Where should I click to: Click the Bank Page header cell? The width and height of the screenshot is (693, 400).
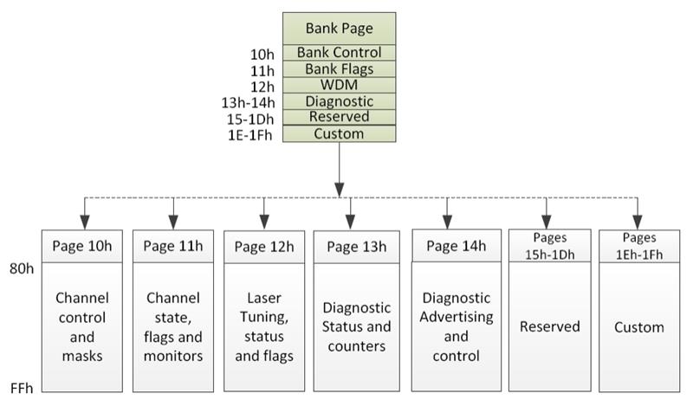point(339,29)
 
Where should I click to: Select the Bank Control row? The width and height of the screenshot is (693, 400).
point(339,53)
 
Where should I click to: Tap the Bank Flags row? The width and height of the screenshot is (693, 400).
point(339,69)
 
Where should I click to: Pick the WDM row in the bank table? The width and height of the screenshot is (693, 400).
point(339,85)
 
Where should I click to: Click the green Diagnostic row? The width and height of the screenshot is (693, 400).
point(339,101)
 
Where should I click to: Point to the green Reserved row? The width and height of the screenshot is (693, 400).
point(339,117)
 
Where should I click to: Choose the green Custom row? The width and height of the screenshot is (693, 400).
point(339,134)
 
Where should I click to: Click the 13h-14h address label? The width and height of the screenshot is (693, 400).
point(248,103)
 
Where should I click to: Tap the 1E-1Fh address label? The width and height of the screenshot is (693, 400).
point(250,135)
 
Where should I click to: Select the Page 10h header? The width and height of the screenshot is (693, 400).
point(82,247)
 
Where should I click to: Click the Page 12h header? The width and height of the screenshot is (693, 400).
point(264,247)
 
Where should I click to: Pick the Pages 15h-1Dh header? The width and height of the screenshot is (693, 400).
point(550,246)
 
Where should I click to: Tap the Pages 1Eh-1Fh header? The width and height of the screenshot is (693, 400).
point(639,247)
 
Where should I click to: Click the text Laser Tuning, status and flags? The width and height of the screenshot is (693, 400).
point(264,326)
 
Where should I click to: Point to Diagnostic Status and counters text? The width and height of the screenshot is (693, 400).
point(357,326)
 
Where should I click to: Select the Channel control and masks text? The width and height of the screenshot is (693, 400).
point(82,326)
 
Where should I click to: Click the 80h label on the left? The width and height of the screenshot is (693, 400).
point(22,268)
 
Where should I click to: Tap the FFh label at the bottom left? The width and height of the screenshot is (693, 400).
point(22,389)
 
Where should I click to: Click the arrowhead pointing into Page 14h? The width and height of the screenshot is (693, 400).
point(447,222)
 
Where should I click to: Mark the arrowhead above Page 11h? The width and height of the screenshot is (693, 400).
point(173,223)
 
